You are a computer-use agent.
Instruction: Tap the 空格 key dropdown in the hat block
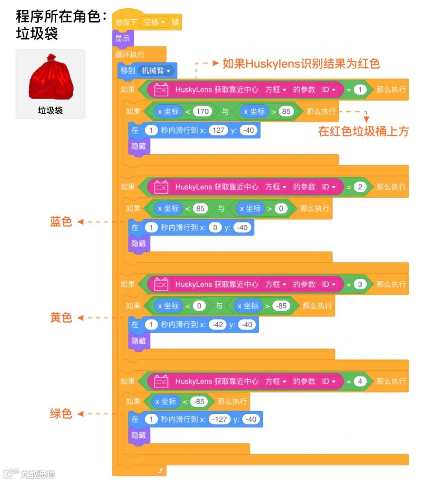click(x=154, y=22)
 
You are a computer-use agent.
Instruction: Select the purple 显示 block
click(x=122, y=39)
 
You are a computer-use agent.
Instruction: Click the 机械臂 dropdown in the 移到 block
click(x=156, y=71)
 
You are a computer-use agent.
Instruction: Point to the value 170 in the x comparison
click(x=202, y=111)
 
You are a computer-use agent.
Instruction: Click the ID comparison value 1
click(x=360, y=90)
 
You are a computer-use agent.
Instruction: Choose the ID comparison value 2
click(x=360, y=187)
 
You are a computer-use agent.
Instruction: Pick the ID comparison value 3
click(x=360, y=284)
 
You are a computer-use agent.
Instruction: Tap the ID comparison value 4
click(x=360, y=381)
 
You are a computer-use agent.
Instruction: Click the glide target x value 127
click(x=218, y=130)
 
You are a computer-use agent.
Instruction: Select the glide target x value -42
click(x=218, y=325)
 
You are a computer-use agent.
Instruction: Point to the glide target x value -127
click(x=220, y=419)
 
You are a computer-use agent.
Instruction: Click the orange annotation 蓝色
click(x=61, y=222)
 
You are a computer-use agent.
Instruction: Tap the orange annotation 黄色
click(x=61, y=318)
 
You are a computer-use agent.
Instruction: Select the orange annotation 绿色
click(x=61, y=413)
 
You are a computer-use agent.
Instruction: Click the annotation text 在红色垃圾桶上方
click(x=363, y=131)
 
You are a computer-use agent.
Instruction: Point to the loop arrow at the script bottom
click(x=160, y=470)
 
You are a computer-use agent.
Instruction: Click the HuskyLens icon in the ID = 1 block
click(x=161, y=90)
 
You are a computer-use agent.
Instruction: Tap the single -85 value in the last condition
click(x=199, y=402)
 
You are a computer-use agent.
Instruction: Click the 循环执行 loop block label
click(x=129, y=55)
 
